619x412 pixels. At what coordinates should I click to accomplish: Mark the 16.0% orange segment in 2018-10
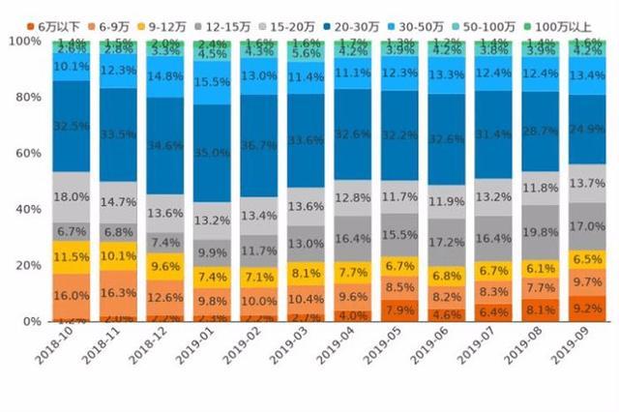pos(72,296)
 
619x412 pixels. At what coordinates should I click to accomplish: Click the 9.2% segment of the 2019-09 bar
pos(587,309)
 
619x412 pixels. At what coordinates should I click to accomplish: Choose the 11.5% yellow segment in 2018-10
pos(72,257)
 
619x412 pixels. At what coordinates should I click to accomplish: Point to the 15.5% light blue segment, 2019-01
pos(211,83)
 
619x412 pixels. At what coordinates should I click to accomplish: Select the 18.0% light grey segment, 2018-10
pos(72,197)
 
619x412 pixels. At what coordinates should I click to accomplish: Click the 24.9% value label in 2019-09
pos(587,129)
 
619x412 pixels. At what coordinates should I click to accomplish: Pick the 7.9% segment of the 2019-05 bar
pos(398,310)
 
